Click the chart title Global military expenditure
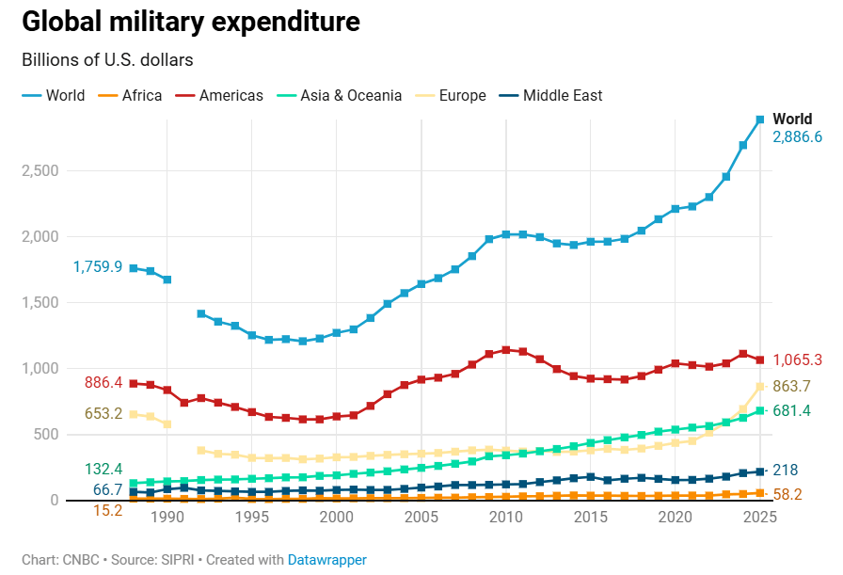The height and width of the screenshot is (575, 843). click(x=190, y=22)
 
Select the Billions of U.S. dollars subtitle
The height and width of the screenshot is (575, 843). click(x=107, y=60)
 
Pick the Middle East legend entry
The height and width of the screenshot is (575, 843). click(x=562, y=95)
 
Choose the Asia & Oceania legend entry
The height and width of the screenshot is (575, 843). click(x=350, y=95)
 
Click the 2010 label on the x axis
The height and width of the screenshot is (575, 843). click(x=505, y=518)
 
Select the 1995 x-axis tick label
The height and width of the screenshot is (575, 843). click(x=252, y=518)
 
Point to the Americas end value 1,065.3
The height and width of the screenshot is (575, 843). click(x=797, y=360)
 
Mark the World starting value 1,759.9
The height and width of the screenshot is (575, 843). click(x=98, y=267)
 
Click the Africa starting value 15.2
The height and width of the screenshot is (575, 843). click(x=107, y=511)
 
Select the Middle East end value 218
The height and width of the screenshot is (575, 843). click(x=785, y=471)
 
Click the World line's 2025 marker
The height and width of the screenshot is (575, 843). click(x=759, y=120)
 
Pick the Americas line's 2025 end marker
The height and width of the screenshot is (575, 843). click(x=759, y=360)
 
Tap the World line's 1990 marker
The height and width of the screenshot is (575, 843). click(x=167, y=280)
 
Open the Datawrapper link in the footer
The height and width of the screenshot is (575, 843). click(x=326, y=560)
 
